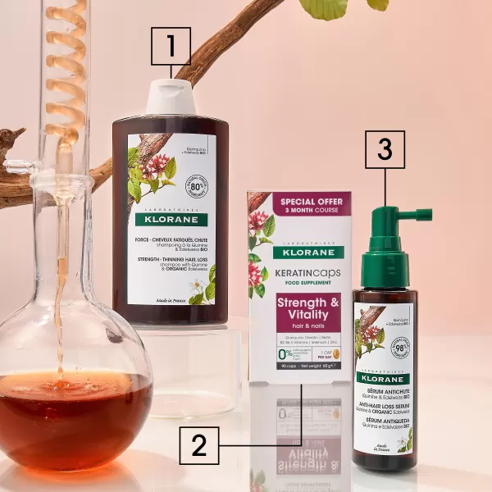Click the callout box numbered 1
click(171, 46)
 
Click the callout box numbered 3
click(385, 149)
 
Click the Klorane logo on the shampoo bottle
click(171, 220)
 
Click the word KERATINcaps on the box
click(302, 272)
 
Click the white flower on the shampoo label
click(198, 286)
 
